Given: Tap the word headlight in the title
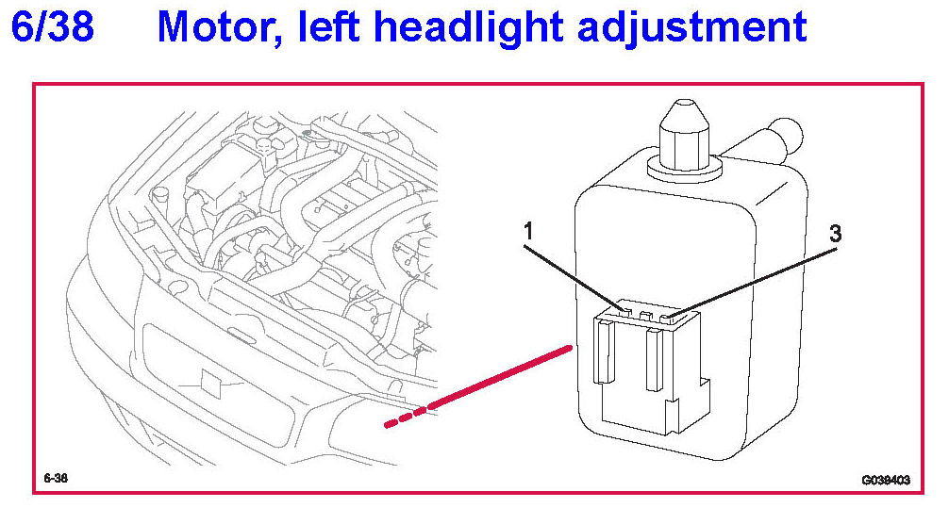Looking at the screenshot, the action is (470, 28).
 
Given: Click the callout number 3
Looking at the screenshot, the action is (834, 234).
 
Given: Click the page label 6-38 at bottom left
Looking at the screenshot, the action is (56, 477).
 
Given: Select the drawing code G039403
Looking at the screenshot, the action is (884, 479).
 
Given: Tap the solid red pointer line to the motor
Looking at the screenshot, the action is (500, 378).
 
